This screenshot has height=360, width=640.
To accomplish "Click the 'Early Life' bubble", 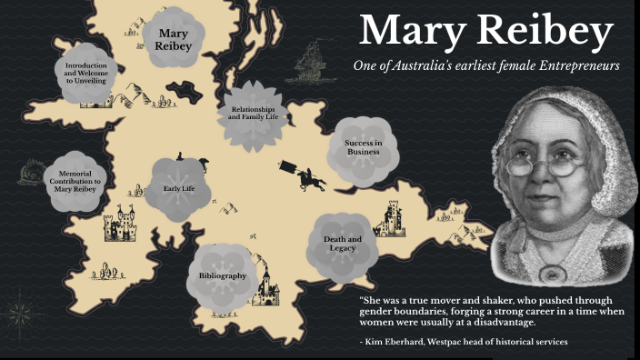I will [179, 189].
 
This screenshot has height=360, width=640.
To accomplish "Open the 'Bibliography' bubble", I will [223, 275].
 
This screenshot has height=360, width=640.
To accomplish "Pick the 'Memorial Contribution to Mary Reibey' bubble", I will [79, 181].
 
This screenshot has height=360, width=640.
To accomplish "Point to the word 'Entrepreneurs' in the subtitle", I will [575, 65].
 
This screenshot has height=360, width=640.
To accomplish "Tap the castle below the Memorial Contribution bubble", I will [120, 225].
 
